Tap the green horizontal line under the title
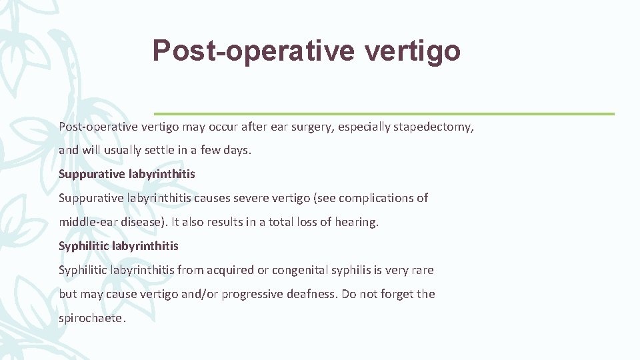[x=384, y=113]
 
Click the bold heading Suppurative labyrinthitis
[x=127, y=174]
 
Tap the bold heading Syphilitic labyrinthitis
[x=119, y=246]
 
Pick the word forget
[x=393, y=294]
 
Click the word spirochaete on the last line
[x=91, y=318]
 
